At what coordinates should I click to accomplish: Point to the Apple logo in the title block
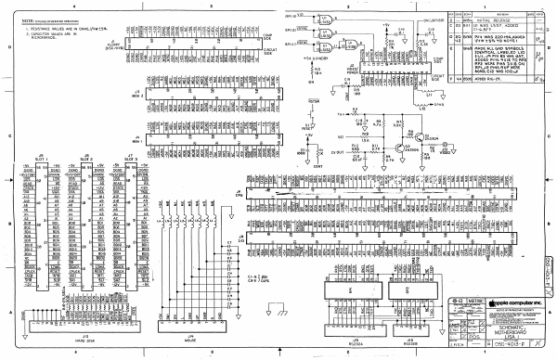tap(485, 302)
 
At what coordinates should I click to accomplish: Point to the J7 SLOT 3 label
tap(131, 159)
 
